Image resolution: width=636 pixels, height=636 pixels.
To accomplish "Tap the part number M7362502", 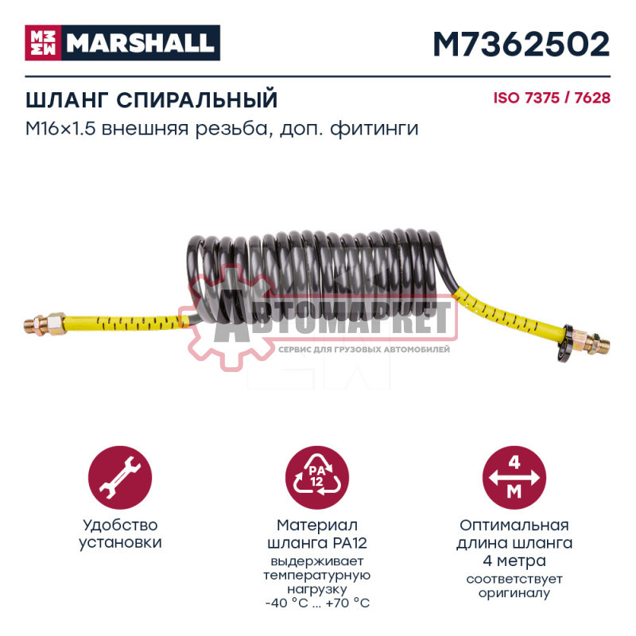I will pos(521,44).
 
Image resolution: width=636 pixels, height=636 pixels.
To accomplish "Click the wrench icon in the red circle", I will pos(121,476).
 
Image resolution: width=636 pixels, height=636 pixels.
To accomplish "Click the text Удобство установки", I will pos(121,533).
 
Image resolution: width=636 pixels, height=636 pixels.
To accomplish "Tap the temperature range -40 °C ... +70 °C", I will pos(318,602).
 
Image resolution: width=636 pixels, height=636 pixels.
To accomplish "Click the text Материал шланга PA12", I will pos(318,533).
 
